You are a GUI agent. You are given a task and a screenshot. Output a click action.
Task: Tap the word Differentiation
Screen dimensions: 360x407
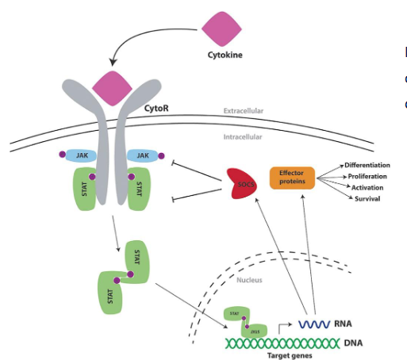point(367,165)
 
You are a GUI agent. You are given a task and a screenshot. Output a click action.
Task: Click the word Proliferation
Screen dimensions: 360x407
point(367,176)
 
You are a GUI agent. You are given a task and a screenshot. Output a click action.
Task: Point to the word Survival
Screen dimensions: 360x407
point(367,198)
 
